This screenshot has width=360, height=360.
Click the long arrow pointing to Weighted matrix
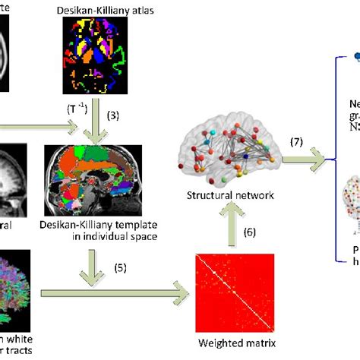coord(114,289)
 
